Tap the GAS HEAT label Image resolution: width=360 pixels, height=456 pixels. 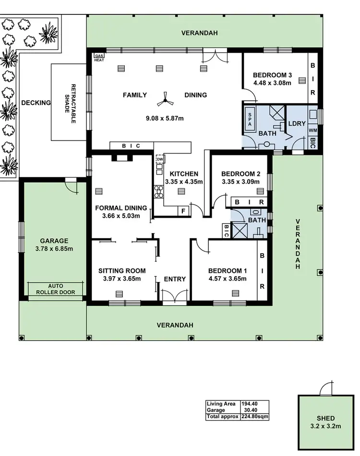pos(99,57)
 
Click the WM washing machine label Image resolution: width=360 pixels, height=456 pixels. pos(312,130)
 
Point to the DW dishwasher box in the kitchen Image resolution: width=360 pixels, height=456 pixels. pos(160,160)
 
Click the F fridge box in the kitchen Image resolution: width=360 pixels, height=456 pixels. pos(183,210)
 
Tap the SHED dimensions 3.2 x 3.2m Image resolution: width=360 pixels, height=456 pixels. pos(325,426)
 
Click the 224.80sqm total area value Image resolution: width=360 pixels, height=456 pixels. pos(254,417)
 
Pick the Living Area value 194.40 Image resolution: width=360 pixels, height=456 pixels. pos(249,404)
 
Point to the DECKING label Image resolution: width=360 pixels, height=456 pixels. pos(36,103)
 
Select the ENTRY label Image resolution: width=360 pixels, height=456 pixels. pos(175,279)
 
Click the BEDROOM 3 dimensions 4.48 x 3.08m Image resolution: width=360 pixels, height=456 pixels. pos(272,83)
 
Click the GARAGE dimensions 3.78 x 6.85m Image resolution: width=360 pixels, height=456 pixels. pos(54,249)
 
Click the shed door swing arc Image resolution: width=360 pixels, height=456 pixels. pos(326,388)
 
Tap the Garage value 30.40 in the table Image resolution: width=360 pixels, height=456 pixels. pos(249,410)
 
